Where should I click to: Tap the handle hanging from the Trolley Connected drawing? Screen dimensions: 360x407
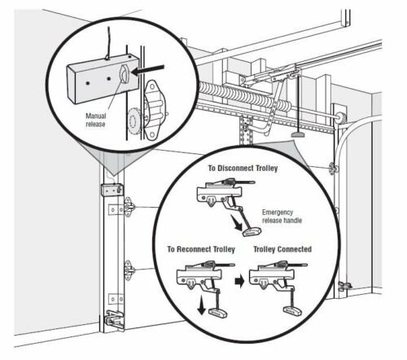pyautogui.click(x=289, y=310)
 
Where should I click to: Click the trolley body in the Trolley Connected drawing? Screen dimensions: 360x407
pyautogui.click(x=272, y=278)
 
